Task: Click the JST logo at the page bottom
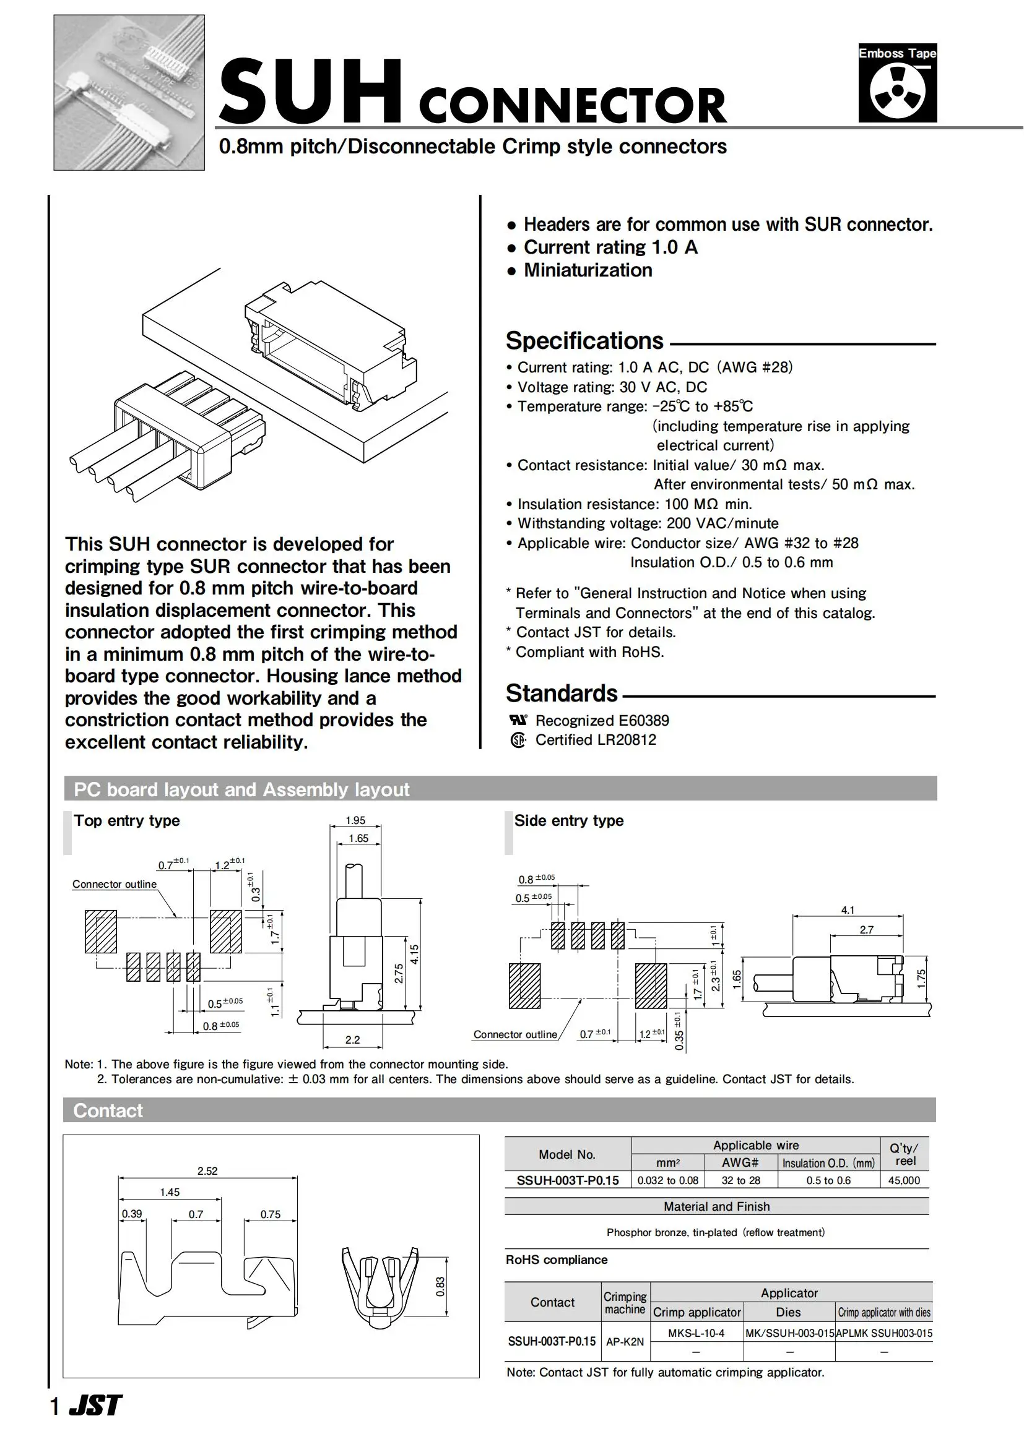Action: point(95,1405)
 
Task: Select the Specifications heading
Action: point(584,341)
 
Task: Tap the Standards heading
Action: point(561,693)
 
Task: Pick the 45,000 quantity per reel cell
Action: point(903,1180)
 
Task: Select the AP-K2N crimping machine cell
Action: point(625,1342)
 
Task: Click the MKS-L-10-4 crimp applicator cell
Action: point(696,1333)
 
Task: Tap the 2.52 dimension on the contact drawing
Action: point(207,1171)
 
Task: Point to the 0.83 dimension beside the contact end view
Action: point(440,1286)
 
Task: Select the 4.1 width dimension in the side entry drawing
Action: point(848,910)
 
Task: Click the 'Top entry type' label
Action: point(127,820)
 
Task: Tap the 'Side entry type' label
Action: point(569,820)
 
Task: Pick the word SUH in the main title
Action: point(310,93)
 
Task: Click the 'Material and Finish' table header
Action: point(716,1206)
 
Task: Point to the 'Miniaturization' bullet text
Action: point(588,270)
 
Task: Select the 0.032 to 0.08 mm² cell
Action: point(668,1180)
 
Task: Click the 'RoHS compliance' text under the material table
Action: point(556,1260)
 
